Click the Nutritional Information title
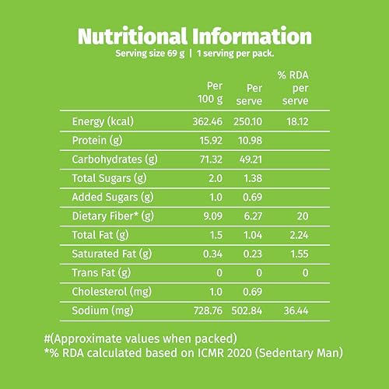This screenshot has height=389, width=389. [x=194, y=36]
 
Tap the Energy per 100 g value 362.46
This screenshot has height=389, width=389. [x=207, y=121]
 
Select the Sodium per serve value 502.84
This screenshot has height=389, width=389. [x=247, y=310]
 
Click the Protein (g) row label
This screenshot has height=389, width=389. [x=97, y=141]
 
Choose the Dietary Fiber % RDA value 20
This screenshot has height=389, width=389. [x=303, y=216]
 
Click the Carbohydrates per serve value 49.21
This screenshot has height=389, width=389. [x=251, y=159]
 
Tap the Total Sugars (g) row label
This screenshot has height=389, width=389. [x=109, y=179]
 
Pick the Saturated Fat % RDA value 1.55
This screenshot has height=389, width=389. [x=300, y=254]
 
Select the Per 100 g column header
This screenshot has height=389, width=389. [x=210, y=93]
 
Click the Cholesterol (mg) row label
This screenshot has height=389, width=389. [x=112, y=292]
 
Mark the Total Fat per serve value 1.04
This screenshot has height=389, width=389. [x=253, y=235]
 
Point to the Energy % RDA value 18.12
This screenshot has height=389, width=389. [x=297, y=121]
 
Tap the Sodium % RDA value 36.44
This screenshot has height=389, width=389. [x=296, y=310]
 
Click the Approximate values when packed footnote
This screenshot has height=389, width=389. [x=140, y=339]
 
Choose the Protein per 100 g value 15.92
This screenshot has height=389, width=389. [x=211, y=141]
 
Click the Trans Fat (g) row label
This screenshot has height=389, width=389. [x=101, y=273]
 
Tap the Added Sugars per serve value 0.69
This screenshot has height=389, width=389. [x=252, y=198]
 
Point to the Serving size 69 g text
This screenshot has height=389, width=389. [x=150, y=54]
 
